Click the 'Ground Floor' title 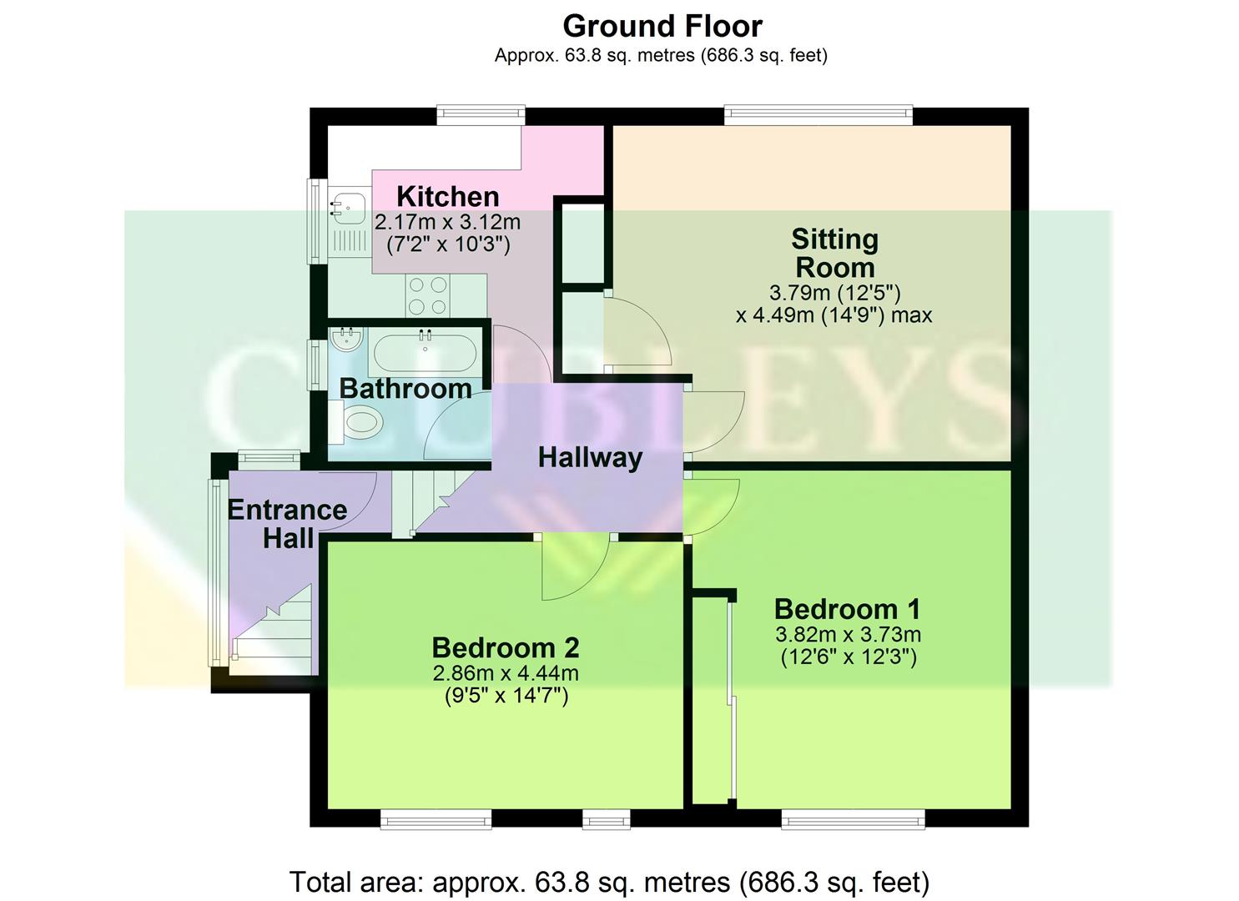[662, 27]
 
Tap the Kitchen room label [448, 197]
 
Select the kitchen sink [347, 206]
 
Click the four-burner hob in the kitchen [428, 296]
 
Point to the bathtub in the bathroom [425, 353]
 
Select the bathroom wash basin [345, 340]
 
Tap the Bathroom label [405, 389]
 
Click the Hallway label [590, 457]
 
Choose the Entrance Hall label [288, 524]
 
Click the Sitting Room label [834, 254]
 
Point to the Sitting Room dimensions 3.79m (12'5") [834, 294]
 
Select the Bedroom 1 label [847, 609]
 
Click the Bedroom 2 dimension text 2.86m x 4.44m [506, 673]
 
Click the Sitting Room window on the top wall [818, 116]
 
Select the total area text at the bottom [609, 882]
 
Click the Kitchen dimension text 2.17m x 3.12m [448, 223]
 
